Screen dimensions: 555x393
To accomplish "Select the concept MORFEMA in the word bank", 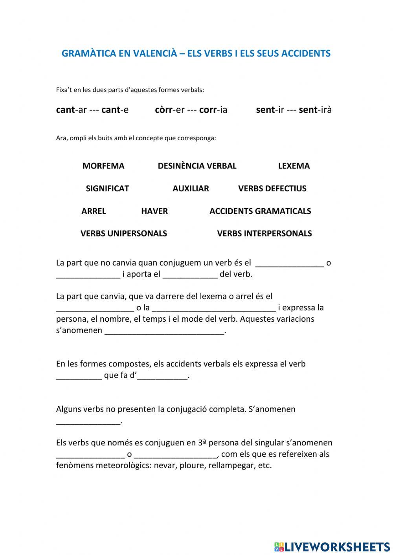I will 103,166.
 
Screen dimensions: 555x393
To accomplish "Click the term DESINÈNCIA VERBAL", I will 197,166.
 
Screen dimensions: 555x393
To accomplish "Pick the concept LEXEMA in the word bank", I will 294,166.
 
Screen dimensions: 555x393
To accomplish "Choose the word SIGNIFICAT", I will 107,189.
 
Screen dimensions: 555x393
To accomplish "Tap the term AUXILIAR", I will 191,189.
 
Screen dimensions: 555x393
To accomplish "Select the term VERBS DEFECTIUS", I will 272,189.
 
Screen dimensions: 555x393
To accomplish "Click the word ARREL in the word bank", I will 94,211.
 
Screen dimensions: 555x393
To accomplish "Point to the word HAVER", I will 154,211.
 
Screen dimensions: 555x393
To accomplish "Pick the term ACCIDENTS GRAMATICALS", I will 260,211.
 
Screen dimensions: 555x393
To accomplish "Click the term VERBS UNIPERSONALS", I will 124,234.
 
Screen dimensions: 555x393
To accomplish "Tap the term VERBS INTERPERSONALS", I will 264,234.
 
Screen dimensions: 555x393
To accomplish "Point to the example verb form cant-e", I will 115,110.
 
